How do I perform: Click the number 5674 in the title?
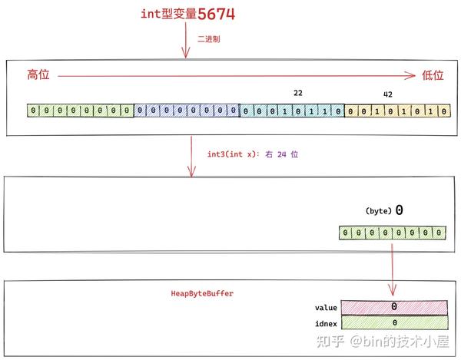tap(217, 14)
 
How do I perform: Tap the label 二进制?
tap(208, 39)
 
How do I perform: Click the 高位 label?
tap(38, 74)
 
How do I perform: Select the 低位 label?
tap(433, 75)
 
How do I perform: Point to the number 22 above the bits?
tap(298, 93)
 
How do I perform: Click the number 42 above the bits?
tap(388, 94)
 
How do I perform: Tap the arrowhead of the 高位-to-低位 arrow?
tap(411, 76)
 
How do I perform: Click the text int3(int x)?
tap(231, 154)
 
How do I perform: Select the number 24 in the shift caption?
tap(282, 154)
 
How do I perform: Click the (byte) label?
tap(378, 211)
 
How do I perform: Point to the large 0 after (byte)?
tap(399, 210)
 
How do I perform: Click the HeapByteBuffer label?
tap(202, 293)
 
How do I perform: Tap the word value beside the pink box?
tap(326, 308)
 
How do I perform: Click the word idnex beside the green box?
tap(326, 324)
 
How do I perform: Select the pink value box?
tap(394, 308)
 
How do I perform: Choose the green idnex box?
tap(395, 322)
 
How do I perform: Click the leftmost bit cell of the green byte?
tap(33, 111)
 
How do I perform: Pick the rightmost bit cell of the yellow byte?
tap(443, 111)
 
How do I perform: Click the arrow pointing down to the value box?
tap(393, 269)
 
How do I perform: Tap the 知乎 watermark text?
tap(330, 342)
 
